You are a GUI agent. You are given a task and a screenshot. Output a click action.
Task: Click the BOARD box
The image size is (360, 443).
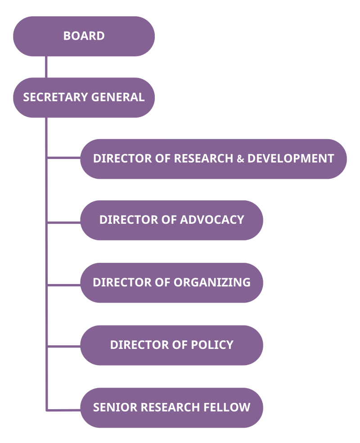84,36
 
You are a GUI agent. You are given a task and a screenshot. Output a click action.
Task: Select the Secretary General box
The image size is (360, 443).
84,97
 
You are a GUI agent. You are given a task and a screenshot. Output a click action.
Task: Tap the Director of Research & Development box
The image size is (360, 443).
213,158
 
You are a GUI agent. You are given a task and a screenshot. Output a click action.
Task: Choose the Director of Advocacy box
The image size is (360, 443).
171,220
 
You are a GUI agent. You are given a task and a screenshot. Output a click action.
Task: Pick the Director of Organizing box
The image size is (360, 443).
171,282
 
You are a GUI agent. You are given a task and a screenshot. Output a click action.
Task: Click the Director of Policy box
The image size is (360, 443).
171,345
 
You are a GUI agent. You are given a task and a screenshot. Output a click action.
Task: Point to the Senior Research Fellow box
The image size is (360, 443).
171,407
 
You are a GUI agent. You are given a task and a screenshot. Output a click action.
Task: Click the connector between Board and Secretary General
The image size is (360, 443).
46,67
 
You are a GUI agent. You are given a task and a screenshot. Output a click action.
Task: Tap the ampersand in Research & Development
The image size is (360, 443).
240,159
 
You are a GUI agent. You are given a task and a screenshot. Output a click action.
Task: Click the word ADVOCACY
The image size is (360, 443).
212,220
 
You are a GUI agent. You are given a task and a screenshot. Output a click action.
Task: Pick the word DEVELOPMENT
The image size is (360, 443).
291,158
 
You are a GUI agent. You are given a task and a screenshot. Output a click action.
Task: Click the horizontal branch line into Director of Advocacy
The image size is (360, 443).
63,222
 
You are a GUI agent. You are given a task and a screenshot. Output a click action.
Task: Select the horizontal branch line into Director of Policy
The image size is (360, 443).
63,346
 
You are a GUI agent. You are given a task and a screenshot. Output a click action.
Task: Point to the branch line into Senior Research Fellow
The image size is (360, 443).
63,410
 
